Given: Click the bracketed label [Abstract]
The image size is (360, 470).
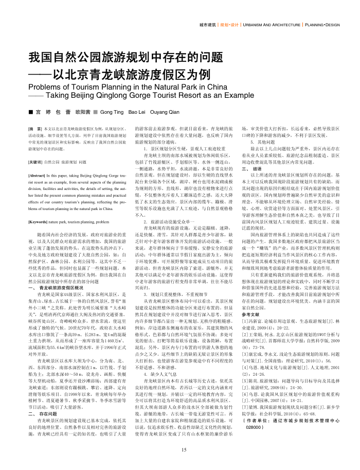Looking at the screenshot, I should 39,176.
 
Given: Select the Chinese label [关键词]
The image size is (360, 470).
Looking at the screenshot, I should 35,161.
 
